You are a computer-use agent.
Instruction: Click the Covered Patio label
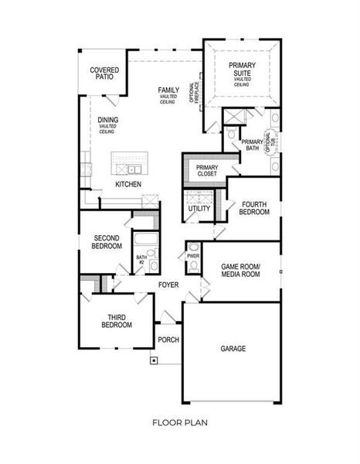[104, 73]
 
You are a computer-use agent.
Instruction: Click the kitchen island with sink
[129, 165]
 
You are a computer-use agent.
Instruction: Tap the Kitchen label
[127, 185]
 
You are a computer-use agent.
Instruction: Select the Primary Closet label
[206, 171]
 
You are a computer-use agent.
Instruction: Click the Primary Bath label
[252, 146]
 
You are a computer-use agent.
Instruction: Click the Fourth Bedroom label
[254, 208]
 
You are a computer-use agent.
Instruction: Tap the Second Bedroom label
[107, 242]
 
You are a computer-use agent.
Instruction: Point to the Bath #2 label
[141, 260]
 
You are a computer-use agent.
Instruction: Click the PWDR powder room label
[192, 254]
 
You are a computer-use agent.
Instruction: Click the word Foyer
[169, 285]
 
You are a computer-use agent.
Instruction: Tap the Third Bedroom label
[114, 321]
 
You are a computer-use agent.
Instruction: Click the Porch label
[168, 339]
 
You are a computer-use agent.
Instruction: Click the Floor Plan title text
[179, 423]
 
